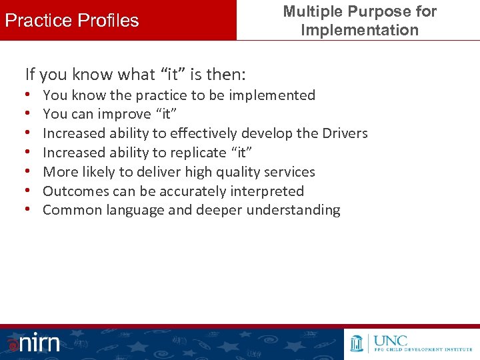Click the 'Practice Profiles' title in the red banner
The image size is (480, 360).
click(72, 21)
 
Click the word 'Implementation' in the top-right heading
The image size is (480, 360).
click(359, 30)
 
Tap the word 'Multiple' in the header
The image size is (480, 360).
click(311, 11)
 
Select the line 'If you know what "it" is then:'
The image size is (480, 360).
click(135, 73)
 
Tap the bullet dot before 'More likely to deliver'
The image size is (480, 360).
click(31, 172)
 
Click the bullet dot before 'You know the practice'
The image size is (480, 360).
click(31, 95)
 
